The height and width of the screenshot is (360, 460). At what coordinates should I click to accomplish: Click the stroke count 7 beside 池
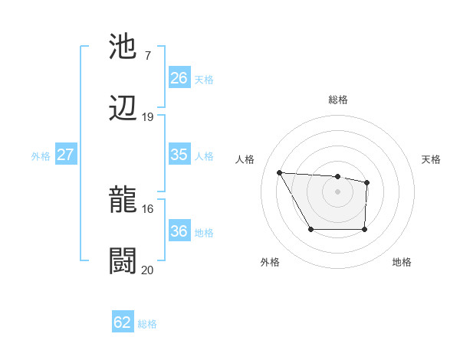147,56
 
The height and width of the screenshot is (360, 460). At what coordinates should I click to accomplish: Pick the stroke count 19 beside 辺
148,117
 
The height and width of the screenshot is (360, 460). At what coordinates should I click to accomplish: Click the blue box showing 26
179,78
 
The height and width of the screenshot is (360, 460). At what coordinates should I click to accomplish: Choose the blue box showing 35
179,155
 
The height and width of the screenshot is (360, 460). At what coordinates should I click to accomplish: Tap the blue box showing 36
179,231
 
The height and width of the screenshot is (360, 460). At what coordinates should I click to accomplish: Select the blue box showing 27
65,155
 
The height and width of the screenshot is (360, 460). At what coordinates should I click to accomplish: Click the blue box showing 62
123,322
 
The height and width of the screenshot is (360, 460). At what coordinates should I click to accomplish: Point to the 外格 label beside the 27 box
41,155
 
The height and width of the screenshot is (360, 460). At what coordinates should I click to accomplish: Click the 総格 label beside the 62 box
147,324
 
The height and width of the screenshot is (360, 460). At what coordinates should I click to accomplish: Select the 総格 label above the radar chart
338,100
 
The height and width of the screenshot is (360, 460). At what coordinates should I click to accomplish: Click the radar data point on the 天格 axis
367,182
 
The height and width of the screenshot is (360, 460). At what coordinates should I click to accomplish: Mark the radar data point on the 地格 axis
364,229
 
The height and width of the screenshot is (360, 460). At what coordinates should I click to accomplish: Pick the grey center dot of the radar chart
337,191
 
